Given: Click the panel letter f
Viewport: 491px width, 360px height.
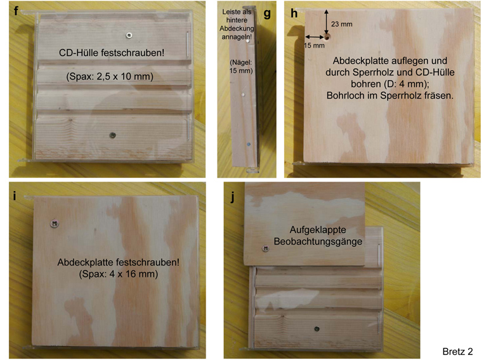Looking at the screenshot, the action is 16,11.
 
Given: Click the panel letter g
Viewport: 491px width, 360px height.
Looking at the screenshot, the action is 267,13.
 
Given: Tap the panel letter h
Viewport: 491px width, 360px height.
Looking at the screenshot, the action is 294,13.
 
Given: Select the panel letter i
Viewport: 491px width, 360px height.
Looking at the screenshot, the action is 14,196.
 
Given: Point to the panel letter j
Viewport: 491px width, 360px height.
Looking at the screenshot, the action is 232,197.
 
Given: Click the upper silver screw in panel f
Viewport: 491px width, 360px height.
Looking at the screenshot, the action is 129,35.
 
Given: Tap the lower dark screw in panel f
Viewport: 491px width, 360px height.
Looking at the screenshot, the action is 113,135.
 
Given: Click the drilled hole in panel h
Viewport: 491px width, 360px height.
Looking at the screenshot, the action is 327,37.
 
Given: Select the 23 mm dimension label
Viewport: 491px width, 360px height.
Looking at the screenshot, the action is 342,24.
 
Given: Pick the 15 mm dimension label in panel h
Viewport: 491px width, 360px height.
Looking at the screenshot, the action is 314,46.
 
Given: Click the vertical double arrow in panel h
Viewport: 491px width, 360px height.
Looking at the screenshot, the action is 326,22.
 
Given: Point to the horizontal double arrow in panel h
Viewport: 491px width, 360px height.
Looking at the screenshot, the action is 315,37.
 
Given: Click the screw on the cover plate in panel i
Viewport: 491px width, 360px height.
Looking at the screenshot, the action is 55,223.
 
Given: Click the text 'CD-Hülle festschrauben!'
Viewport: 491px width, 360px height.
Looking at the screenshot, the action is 112,53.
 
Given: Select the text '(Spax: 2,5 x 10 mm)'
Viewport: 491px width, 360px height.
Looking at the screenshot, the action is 110,76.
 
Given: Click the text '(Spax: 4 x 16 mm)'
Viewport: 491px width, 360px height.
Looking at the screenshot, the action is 119,274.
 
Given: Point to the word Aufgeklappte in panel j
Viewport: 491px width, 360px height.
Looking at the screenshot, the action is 318,230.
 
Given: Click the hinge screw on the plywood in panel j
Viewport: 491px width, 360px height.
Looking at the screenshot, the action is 266,249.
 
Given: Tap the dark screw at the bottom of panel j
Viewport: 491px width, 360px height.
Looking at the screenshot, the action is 317,329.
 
